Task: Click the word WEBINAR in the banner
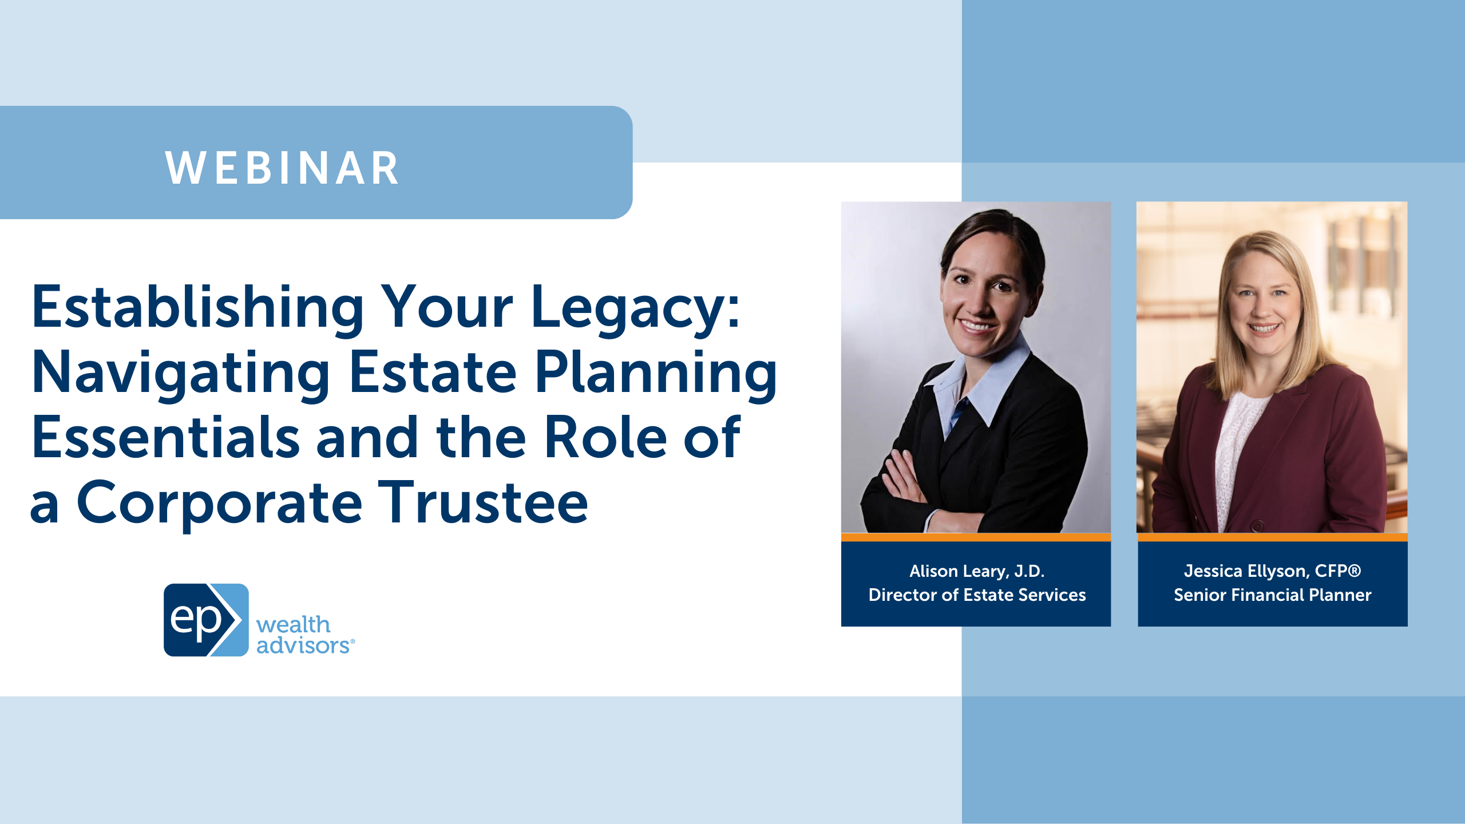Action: [x=282, y=169]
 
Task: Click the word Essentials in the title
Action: [x=166, y=438]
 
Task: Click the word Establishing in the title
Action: [x=197, y=309]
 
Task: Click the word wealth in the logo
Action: [x=293, y=624]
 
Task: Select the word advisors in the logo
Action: [x=303, y=645]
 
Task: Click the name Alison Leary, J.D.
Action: [x=977, y=571]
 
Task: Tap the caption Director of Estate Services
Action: [x=977, y=595]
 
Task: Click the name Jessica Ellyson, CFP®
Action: [x=1272, y=571]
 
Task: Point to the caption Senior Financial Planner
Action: [x=1272, y=595]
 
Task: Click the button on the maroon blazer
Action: [x=1257, y=525]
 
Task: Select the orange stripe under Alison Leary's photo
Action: [x=976, y=537]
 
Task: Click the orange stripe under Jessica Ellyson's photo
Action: [x=1272, y=537]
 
